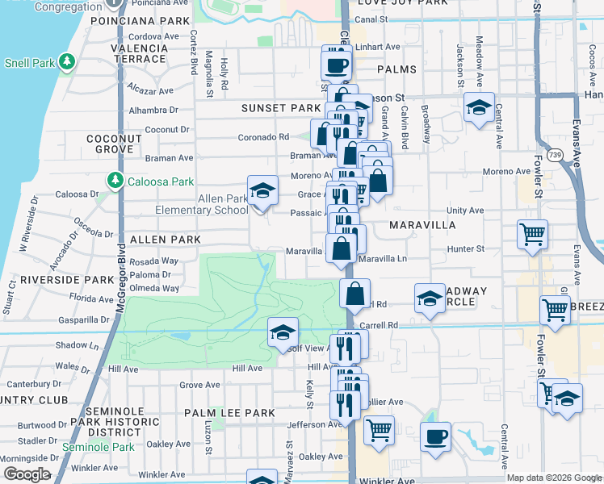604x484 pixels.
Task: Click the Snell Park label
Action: click(28, 62)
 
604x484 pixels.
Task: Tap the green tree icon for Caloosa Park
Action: click(115, 179)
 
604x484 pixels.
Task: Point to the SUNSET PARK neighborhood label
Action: click(282, 108)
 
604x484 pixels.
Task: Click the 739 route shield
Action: click(554, 153)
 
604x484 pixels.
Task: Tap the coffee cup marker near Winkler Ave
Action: click(436, 436)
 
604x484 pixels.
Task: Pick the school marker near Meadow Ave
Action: click(479, 107)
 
